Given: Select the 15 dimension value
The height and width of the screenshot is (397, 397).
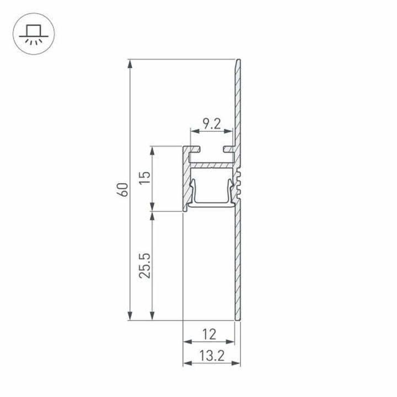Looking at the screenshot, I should click(x=144, y=178).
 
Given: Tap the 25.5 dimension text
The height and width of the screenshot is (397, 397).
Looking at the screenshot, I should click(x=144, y=265).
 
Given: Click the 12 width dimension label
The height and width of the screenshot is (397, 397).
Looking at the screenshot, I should click(x=209, y=334).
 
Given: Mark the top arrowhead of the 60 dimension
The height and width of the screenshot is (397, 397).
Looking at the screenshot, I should click(x=130, y=63).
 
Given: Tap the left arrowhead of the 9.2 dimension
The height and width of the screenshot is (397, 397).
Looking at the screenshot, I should click(x=193, y=131).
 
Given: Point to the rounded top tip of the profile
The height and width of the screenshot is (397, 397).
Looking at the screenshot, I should click(x=239, y=61).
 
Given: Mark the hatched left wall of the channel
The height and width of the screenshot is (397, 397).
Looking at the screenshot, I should click(x=186, y=179).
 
